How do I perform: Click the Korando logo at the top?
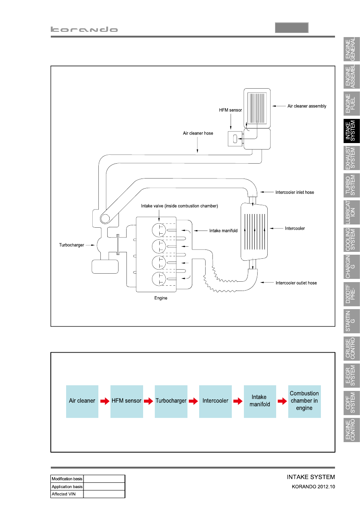(84, 29)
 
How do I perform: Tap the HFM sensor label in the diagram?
(230, 110)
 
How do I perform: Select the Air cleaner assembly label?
(307, 106)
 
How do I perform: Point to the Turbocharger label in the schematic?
(72, 245)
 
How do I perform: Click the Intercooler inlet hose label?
(295, 192)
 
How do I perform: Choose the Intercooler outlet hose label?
(296, 283)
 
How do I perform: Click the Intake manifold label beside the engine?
(223, 231)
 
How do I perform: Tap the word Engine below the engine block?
(161, 298)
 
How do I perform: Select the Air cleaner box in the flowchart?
(82, 401)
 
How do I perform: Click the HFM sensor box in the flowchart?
(127, 401)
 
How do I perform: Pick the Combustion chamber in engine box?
(304, 401)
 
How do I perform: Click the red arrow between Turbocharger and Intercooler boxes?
(193, 401)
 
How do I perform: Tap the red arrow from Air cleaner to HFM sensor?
(105, 401)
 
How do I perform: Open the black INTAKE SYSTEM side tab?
(352, 131)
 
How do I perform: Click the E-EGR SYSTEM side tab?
(352, 375)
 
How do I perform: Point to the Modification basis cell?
(67, 479)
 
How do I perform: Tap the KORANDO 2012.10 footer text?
(313, 486)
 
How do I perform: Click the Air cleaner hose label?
(198, 133)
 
